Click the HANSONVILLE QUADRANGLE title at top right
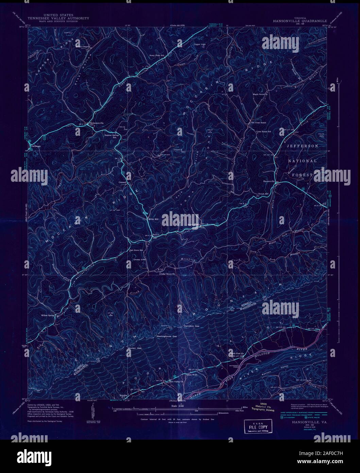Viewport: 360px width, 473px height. point(300,20)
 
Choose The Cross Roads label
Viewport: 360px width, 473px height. point(258,123)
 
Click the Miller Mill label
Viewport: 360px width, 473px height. point(154,219)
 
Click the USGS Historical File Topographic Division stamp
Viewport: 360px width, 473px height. point(262,408)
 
